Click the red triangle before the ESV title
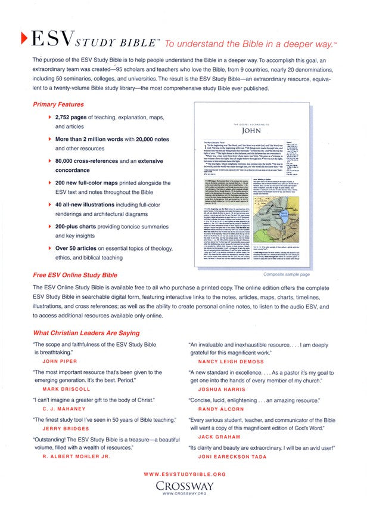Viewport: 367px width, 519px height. point(23,39)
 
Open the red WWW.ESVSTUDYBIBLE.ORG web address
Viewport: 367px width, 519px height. point(185,474)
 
